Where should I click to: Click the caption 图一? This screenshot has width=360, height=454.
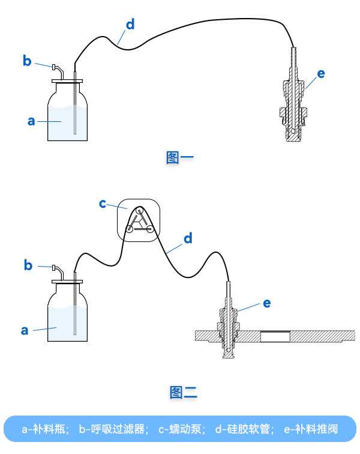[x=179, y=158]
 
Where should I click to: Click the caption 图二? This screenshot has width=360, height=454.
[x=183, y=393]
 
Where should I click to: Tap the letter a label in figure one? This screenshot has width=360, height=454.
[x=31, y=121]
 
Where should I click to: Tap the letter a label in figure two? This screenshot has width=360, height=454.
[x=25, y=330]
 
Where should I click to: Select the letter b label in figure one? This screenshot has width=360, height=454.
[x=27, y=61]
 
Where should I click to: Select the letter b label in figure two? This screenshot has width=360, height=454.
[x=28, y=265]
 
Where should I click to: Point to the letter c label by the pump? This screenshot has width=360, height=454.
[x=103, y=204]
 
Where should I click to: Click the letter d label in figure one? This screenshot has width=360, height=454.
[x=130, y=25]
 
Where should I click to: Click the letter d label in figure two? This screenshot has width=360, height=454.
[x=188, y=239]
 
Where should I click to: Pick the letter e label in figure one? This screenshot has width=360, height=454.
[x=321, y=74]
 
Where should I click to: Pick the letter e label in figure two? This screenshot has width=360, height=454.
[x=266, y=303]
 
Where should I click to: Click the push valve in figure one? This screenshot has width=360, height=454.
[x=293, y=105]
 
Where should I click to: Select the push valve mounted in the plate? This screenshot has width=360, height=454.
[x=229, y=327]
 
